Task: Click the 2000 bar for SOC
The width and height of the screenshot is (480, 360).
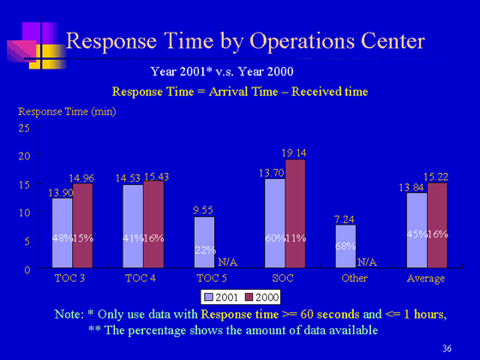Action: coord(296,213)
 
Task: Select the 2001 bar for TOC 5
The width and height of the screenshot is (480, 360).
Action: coord(204,242)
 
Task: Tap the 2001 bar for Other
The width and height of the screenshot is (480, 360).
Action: coord(345,247)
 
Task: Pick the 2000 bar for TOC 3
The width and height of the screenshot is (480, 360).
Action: coord(82,225)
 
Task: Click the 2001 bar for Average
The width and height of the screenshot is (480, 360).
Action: coord(417,231)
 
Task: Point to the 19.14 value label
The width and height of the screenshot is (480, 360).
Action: coord(294,153)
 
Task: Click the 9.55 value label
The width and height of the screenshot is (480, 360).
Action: coord(203,210)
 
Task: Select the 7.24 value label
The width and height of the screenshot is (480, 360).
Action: coord(345,219)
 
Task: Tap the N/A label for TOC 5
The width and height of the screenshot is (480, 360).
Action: coord(228,262)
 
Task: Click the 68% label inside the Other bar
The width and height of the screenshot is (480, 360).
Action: coord(345,246)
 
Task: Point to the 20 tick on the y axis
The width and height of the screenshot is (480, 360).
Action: coord(24,156)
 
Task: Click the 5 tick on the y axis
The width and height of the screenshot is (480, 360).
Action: coord(27,242)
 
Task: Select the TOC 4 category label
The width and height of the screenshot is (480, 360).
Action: coord(141,279)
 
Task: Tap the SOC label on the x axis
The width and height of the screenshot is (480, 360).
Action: coord(283,279)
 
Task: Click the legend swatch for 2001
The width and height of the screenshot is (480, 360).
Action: coord(209,297)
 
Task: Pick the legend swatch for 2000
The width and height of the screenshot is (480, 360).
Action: coord(249,297)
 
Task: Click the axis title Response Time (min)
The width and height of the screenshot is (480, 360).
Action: coord(67,111)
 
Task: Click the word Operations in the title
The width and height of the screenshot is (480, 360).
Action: coord(302,41)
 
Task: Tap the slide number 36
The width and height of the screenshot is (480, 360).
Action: coord(447,348)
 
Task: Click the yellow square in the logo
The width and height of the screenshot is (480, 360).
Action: coord(47,57)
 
